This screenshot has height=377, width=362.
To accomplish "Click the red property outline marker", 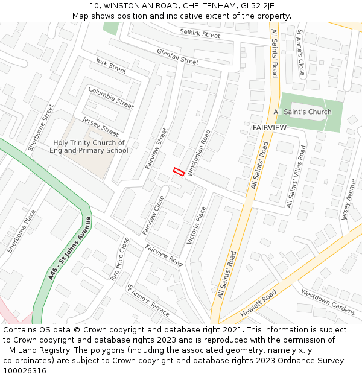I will point(179,171).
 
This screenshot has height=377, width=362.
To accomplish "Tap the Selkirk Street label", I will point(200,34).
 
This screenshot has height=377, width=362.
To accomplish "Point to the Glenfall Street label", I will point(177,57).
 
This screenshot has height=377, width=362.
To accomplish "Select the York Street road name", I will point(111,66).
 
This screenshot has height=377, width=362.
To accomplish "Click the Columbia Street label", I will point(111,98).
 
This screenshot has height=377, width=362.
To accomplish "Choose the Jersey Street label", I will point(101,126).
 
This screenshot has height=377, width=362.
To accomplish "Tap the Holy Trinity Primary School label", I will point(89,147).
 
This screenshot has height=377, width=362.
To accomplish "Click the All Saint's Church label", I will point(302,112).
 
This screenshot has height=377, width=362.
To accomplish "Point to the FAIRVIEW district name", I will point(270,128).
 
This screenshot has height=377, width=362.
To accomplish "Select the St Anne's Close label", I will point(300,52).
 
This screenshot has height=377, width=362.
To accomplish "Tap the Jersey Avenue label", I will point(348,198).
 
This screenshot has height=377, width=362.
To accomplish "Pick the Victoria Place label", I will point(197,225).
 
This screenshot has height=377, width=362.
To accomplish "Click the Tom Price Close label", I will point(119,258).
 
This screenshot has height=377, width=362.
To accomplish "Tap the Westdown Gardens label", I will point(328,302).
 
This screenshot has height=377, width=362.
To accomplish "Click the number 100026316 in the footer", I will point(25,370).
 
